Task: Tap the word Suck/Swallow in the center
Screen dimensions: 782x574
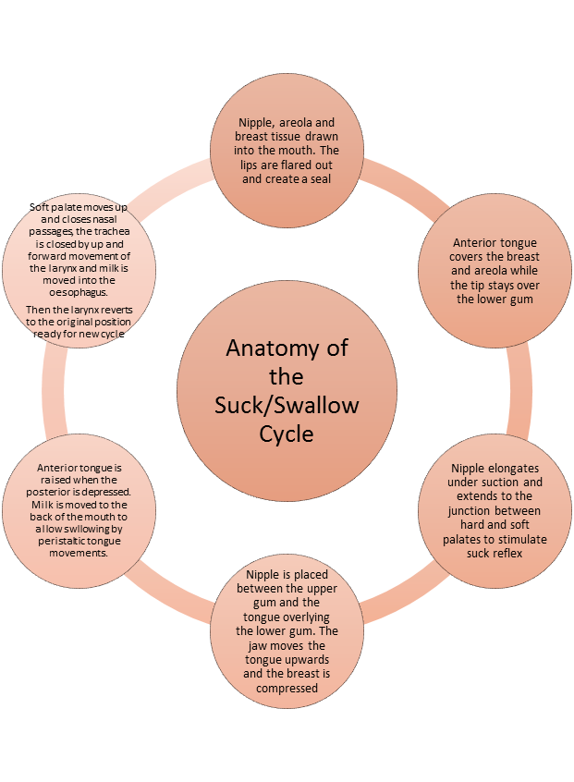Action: pyautogui.click(x=287, y=404)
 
